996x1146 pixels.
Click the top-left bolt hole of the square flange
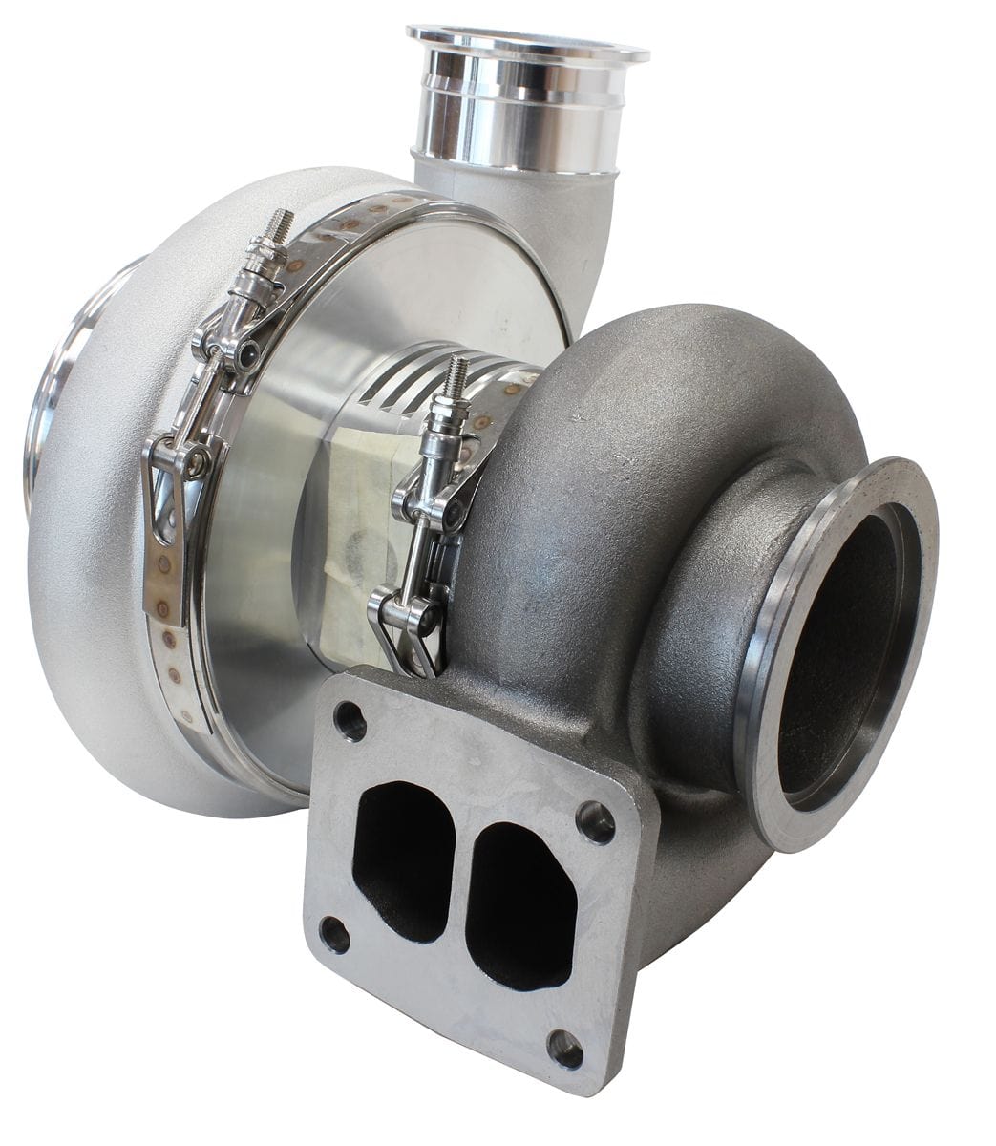(x=350, y=721)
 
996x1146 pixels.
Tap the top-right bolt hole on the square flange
(x=596, y=821)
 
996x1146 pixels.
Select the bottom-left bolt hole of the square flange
(x=334, y=934)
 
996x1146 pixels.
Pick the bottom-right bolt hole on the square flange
(x=565, y=1049)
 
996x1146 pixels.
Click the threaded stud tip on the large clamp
(x=280, y=225)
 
